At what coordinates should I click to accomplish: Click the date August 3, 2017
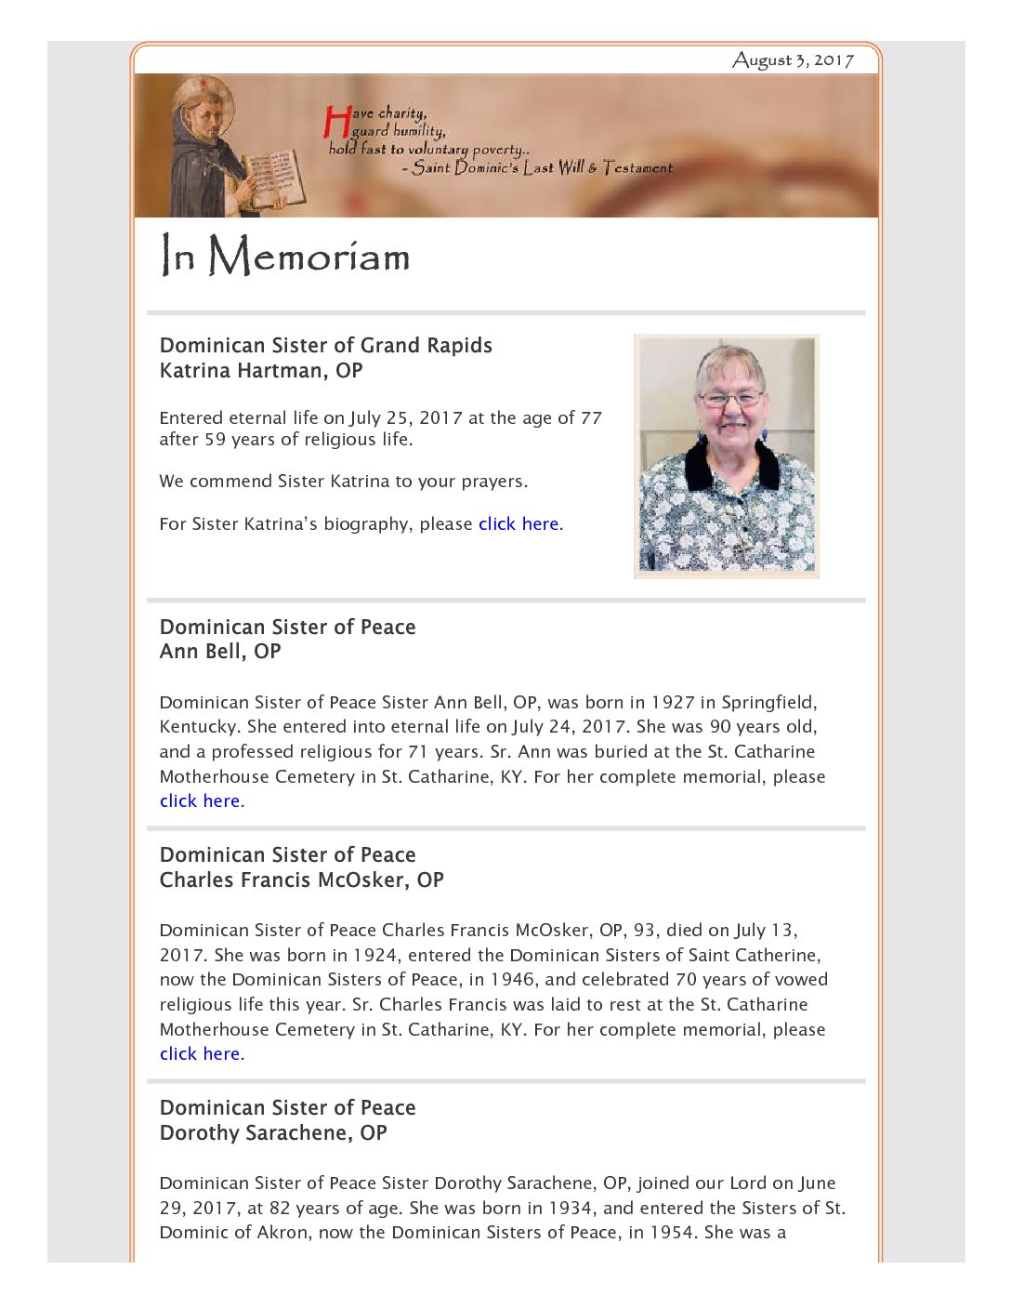[793, 60]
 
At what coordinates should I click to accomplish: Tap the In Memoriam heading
[285, 256]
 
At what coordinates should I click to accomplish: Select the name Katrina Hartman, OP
[261, 370]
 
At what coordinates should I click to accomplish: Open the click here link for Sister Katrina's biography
[519, 523]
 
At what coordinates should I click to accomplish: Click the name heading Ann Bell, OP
[220, 651]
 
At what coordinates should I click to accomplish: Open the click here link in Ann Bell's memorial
[200, 800]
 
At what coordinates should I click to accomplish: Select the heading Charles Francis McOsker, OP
[301, 879]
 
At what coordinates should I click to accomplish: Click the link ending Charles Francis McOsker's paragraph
[200, 1053]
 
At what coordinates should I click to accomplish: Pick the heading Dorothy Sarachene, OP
[273, 1132]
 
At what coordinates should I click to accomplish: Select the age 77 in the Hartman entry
[591, 417]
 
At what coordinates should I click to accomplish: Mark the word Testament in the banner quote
[637, 167]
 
